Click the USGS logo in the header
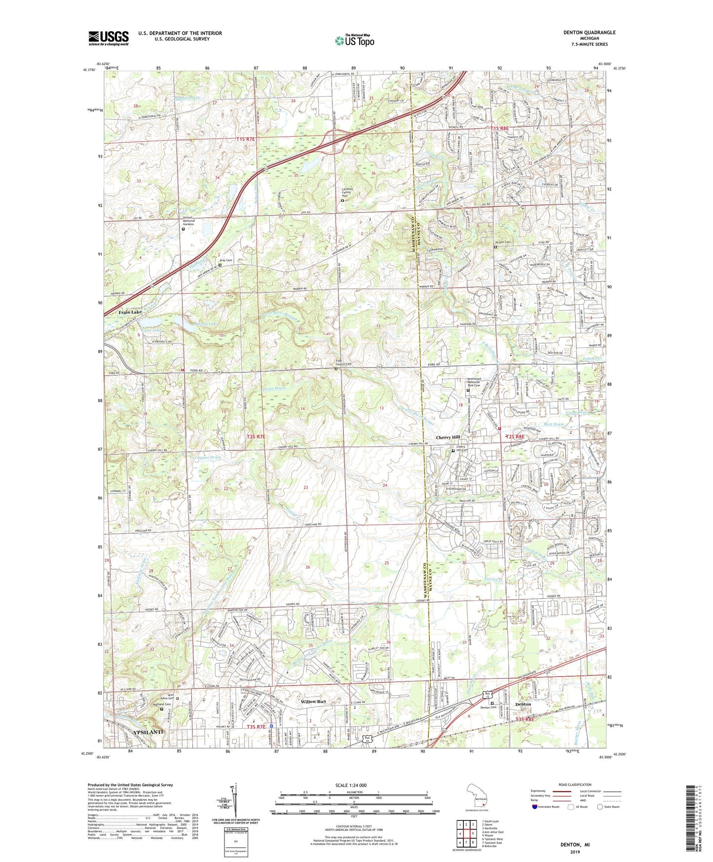pos(108,38)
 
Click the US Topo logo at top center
pos(353,41)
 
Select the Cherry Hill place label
pos(448,437)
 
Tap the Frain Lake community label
pos(130,313)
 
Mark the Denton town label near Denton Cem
pos(523,704)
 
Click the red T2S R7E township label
pos(256,436)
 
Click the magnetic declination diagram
pos(235,805)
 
